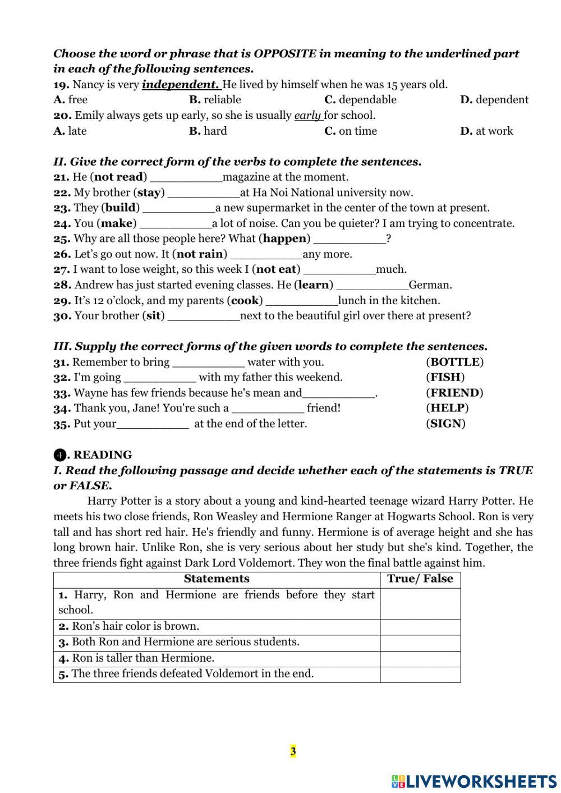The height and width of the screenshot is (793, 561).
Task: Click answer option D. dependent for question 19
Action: click(494, 100)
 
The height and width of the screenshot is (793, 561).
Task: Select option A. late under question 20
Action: click(70, 131)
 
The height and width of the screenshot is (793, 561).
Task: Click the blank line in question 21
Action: click(186, 178)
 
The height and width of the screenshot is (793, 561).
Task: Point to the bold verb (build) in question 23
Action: click(121, 208)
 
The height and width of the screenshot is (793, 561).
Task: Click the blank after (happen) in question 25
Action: click(349, 239)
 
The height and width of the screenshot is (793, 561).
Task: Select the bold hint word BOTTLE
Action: click(454, 362)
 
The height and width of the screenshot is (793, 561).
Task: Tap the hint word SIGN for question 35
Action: click(446, 424)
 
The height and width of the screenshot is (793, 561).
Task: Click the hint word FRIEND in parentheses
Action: click(454, 393)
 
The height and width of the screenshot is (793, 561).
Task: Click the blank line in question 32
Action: click(159, 378)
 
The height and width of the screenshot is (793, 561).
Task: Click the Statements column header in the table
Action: click(217, 579)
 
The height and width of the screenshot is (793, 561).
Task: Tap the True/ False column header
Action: click(420, 579)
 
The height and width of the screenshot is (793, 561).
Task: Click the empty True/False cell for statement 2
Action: click(420, 627)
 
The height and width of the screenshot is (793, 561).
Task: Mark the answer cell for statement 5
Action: click(420, 675)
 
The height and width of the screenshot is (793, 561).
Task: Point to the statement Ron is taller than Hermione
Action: click(143, 658)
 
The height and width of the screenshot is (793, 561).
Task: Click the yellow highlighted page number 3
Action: click(293, 751)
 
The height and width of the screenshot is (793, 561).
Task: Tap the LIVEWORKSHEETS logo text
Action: click(481, 781)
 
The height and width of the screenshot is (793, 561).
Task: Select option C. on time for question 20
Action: click(351, 131)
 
